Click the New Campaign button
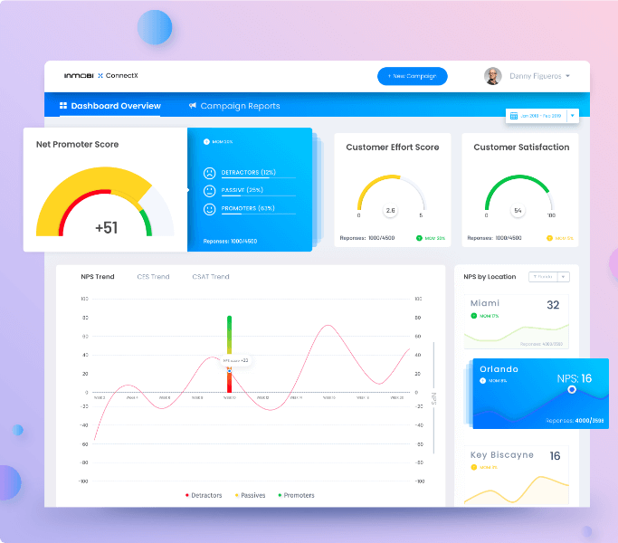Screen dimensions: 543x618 tap(412, 76)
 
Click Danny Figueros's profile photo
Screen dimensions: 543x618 tap(492, 76)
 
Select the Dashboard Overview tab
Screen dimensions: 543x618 tap(109, 106)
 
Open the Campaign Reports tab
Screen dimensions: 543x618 tap(234, 106)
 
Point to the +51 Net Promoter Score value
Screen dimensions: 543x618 tap(106, 227)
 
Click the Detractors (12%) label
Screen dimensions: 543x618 tap(248, 172)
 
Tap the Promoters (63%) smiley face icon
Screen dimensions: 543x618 tap(209, 209)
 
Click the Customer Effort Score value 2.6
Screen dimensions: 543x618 tap(390, 210)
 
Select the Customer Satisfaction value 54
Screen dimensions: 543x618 tap(518, 210)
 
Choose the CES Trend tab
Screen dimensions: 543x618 tap(153, 277)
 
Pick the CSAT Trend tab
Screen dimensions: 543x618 tap(210, 277)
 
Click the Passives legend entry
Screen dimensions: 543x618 tap(250, 495)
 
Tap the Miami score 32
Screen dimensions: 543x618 tap(552, 305)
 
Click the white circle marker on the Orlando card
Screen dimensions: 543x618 tap(571, 389)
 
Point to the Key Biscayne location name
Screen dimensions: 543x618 tap(501, 455)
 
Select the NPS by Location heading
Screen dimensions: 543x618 tap(490, 277)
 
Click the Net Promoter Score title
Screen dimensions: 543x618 tap(77, 144)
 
